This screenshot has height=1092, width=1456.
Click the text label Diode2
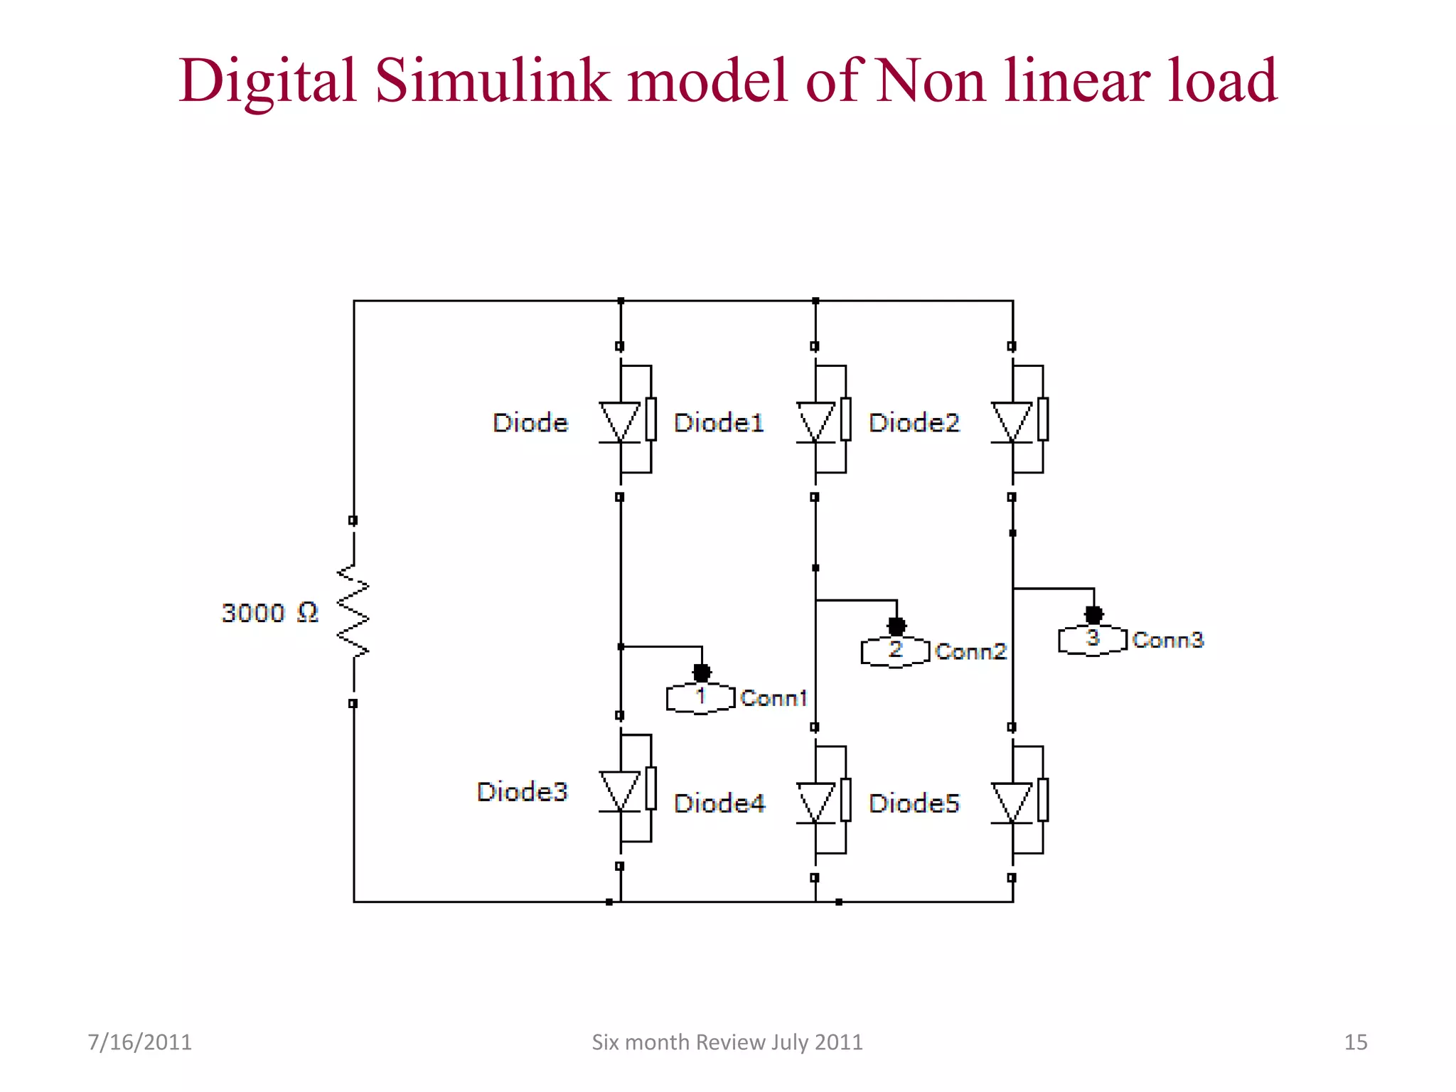[914, 422]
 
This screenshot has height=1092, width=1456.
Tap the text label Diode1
[719, 422]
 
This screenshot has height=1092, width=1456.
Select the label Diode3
[522, 791]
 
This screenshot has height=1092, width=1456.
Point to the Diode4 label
[719, 803]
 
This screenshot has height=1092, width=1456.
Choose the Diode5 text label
[914, 803]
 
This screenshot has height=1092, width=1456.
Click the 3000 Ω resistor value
[269, 613]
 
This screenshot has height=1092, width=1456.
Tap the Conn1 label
[773, 698]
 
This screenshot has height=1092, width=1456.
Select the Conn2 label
[971, 651]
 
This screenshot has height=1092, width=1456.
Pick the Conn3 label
[1168, 640]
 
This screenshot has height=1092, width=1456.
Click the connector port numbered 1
[700, 697]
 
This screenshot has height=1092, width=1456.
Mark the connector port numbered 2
[895, 651]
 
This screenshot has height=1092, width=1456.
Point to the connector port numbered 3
[1093, 639]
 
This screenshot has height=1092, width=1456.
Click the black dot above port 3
[1094, 614]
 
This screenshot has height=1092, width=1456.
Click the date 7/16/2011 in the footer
[139, 1042]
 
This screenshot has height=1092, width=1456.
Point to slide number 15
[1355, 1042]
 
